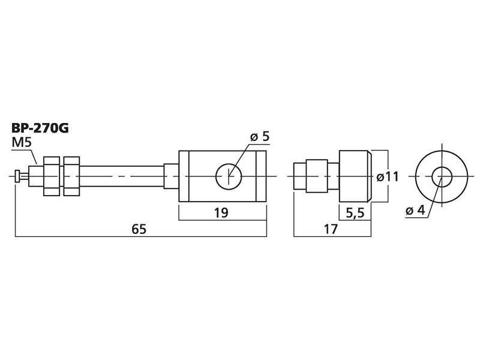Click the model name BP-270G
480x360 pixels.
(x=40, y=128)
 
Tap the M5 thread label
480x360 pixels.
(x=22, y=143)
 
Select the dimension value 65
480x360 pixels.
(x=139, y=229)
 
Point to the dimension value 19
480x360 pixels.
(x=221, y=212)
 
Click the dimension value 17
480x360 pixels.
(x=331, y=229)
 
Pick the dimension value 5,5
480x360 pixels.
(x=355, y=213)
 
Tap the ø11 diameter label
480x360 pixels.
(x=387, y=176)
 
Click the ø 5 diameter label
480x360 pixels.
(x=260, y=136)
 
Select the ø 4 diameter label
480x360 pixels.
(x=415, y=211)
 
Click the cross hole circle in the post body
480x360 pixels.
(x=229, y=164)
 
